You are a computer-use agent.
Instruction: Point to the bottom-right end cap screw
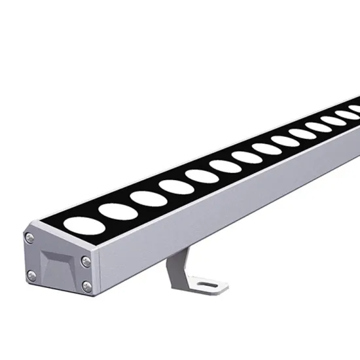[86, 283]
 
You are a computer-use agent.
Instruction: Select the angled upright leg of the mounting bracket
[175, 269]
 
